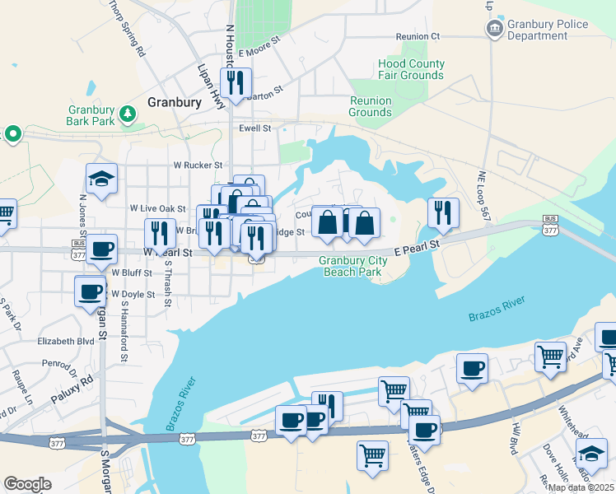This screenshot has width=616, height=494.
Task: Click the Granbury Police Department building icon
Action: click(x=494, y=30)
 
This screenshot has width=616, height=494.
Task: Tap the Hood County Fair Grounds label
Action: click(x=411, y=70)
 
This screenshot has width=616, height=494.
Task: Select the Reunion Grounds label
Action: click(x=370, y=106)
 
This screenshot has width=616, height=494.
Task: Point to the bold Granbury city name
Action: click(x=174, y=102)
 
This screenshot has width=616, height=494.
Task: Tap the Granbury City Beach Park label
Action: click(x=352, y=267)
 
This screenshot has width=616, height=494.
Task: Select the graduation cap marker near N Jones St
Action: click(x=101, y=179)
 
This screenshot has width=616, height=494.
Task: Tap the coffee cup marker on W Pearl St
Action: click(x=102, y=249)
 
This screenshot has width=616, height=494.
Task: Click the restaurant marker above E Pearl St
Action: click(x=444, y=213)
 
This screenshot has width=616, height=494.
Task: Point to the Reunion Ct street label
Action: click(x=418, y=36)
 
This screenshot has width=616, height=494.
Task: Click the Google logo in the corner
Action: click(x=27, y=484)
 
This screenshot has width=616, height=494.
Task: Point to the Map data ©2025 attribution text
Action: click(x=581, y=487)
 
